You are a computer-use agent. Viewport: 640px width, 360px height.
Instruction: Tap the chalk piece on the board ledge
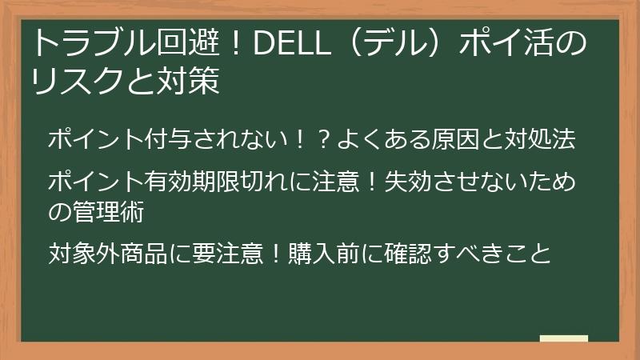[563, 338]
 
